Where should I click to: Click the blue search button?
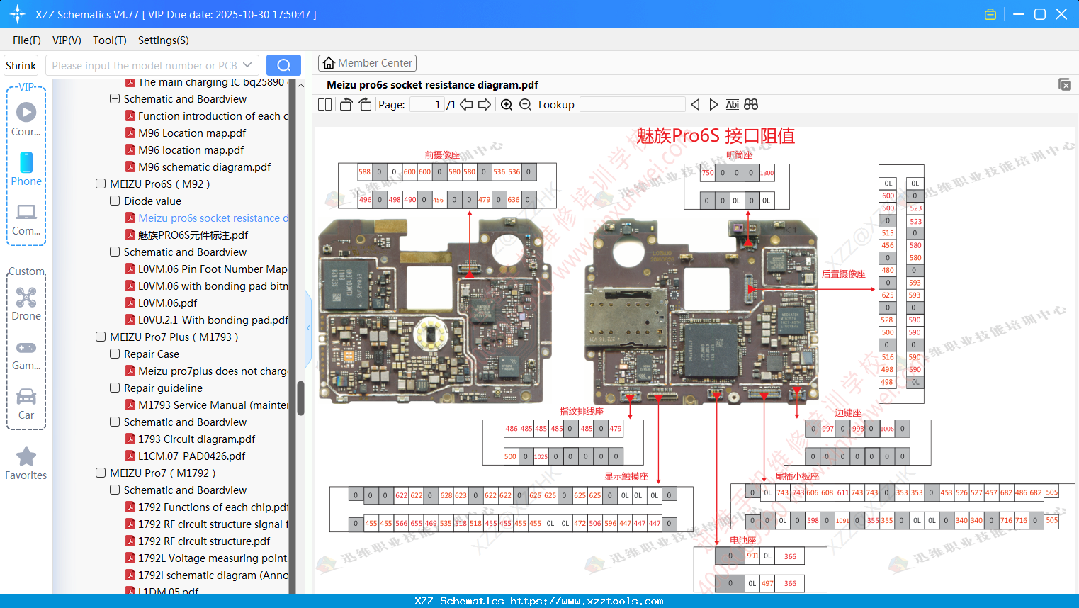click(x=283, y=65)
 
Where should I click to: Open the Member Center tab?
click(x=367, y=63)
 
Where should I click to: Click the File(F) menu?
click(x=27, y=40)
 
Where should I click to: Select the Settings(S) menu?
click(x=163, y=40)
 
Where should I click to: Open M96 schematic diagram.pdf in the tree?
click(x=204, y=167)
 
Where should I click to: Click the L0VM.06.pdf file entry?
click(x=167, y=303)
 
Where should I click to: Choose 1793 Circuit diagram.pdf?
click(x=196, y=439)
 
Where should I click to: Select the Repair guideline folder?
click(x=163, y=388)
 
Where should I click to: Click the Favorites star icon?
click(x=26, y=457)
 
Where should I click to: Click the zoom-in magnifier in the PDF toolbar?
click(x=507, y=105)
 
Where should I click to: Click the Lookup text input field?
click(x=632, y=105)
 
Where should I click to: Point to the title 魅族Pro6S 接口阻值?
click(x=716, y=136)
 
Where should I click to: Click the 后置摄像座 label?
click(x=843, y=274)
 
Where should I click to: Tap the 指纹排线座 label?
click(x=582, y=412)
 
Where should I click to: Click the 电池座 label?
click(x=743, y=540)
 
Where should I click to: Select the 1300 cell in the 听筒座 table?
click(x=767, y=173)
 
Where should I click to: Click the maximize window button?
click(x=1040, y=14)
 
